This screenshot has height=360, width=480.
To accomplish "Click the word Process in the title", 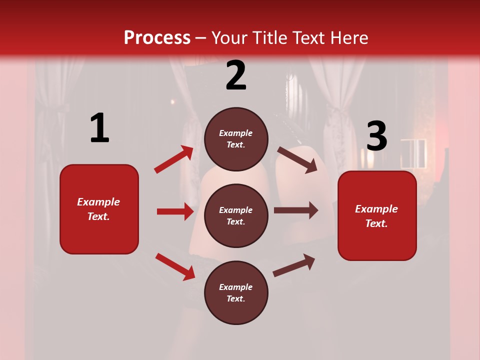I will pyautogui.click(x=157, y=38).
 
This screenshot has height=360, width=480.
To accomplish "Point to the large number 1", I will pyautogui.click(x=99, y=128).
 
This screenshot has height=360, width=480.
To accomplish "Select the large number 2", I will pyautogui.click(x=236, y=75).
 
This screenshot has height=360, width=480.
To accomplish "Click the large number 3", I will pyautogui.click(x=376, y=137).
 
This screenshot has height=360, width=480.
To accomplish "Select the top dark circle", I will pyautogui.click(x=236, y=139).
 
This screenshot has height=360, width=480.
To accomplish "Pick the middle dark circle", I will pyautogui.click(x=236, y=215).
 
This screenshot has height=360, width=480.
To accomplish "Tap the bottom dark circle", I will pyautogui.click(x=236, y=292).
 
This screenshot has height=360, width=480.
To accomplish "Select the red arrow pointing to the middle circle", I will pyautogui.click(x=175, y=211).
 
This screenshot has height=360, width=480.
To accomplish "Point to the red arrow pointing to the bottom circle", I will pyautogui.click(x=175, y=266).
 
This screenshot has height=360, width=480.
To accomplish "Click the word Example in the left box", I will pyautogui.click(x=98, y=202).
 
